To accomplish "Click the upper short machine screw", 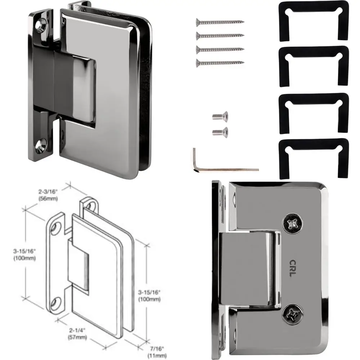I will click(220, 117).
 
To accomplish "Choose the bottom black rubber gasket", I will click(314, 158).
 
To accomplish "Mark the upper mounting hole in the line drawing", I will click(57, 227).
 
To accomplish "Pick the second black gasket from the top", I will click(314, 67).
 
